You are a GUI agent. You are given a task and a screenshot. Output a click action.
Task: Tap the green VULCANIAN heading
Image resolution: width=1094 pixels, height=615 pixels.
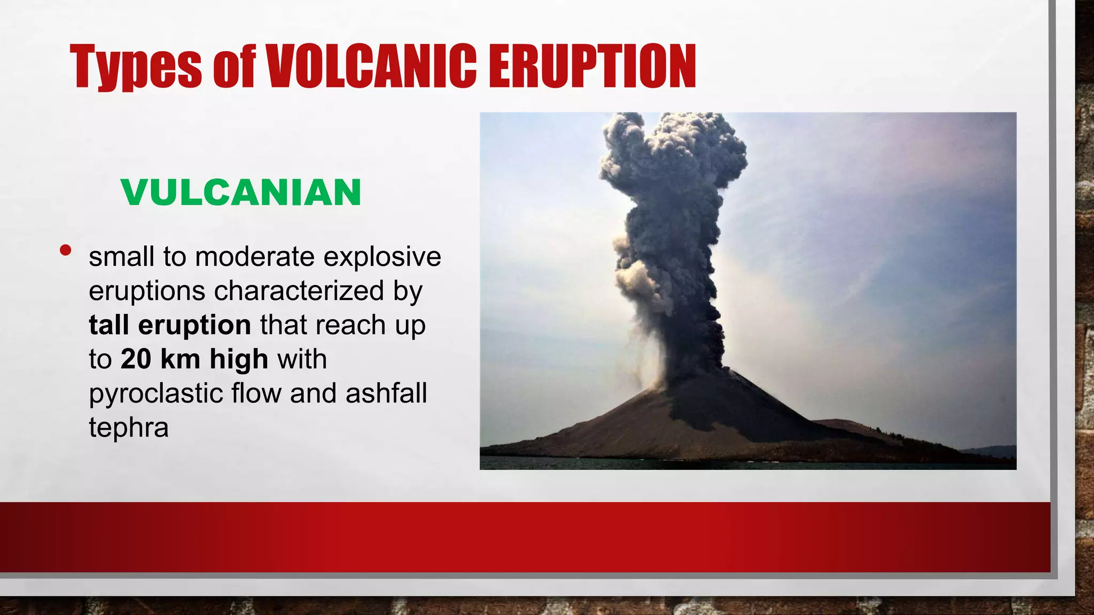[241, 192]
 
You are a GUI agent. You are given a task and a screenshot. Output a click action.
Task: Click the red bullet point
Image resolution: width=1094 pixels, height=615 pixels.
[66, 250]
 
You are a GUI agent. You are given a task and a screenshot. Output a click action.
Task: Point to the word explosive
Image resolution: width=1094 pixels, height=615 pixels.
[382, 257]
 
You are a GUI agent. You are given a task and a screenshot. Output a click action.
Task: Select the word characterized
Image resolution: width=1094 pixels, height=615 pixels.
[299, 291]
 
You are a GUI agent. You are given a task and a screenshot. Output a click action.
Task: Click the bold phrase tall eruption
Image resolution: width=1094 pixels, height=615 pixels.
[169, 325]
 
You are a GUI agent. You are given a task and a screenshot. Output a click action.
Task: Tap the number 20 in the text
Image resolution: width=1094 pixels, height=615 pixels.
[136, 359]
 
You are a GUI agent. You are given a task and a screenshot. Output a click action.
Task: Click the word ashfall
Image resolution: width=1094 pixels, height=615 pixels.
[386, 393]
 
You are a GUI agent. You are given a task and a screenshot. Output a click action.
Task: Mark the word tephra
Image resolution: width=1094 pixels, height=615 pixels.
[128, 428]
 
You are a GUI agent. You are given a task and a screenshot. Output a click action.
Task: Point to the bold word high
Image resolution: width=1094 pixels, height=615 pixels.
[238, 359]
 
